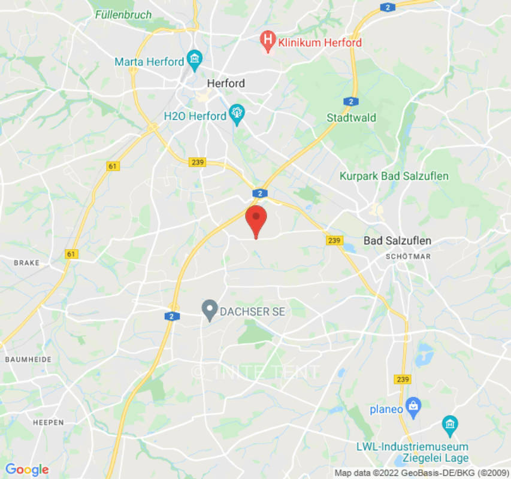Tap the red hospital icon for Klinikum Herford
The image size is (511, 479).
click(268, 42)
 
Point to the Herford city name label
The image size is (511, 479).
click(225, 83)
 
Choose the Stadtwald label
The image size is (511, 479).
click(351, 117)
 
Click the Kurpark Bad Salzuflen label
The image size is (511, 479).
click(394, 176)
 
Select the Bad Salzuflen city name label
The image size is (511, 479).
click(397, 241)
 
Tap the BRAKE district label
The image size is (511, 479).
click(26, 262)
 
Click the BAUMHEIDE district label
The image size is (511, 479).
click(28, 359)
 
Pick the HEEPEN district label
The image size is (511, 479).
click(49, 422)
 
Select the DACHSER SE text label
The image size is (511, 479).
click(252, 312)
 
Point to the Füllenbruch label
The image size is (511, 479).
click(123, 14)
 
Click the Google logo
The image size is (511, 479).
click(26, 469)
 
